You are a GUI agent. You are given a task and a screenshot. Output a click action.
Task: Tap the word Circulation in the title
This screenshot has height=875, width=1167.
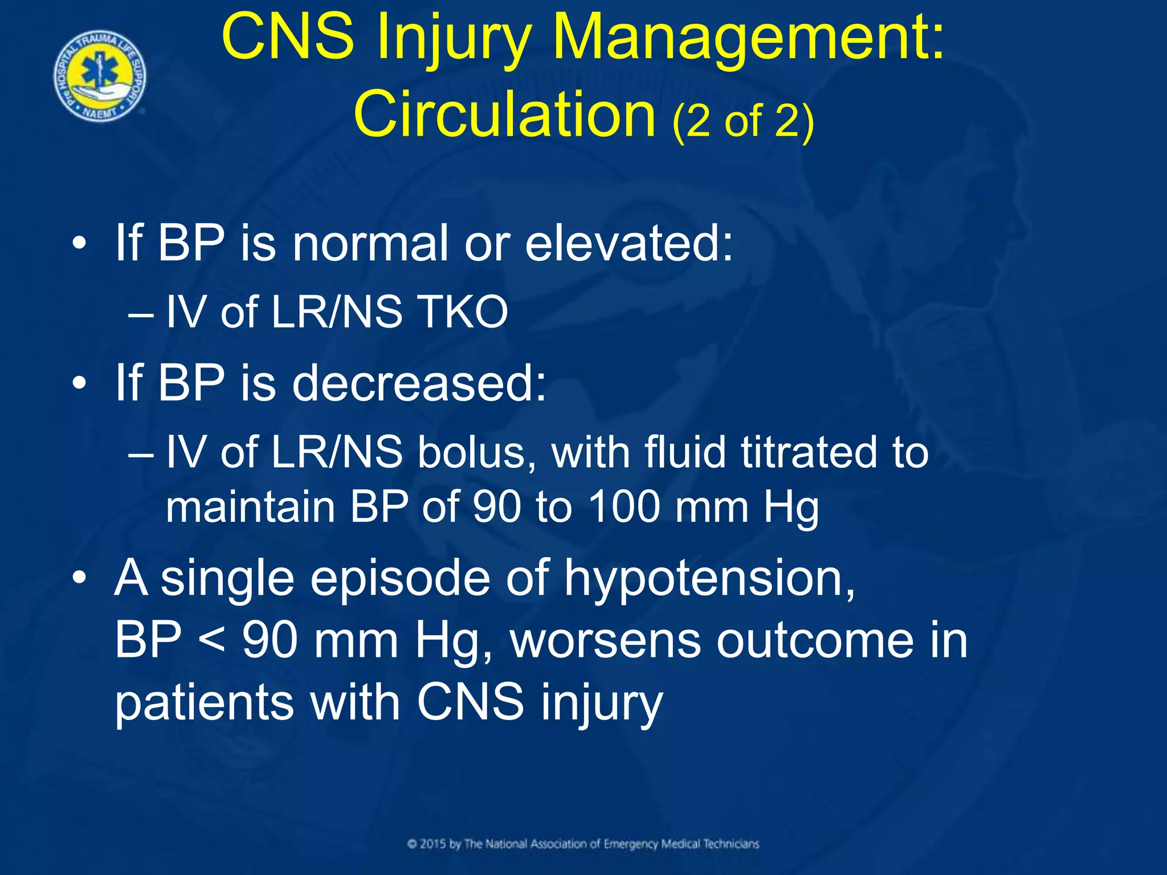pos(504,115)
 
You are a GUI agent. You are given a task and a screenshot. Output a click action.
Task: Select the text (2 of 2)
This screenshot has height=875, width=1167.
pos(743,121)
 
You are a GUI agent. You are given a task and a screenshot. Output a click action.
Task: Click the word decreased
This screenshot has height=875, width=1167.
pos(419,383)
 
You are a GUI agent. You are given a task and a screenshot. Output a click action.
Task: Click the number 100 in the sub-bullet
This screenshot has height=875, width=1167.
pos(623,506)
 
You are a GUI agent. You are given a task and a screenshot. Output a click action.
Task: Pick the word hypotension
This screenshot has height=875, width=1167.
pos(709,578)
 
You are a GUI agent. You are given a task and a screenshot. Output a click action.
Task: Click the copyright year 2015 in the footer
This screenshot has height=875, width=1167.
pos(433,844)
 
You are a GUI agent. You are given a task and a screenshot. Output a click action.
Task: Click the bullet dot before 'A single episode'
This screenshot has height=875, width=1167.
pos(79,579)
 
